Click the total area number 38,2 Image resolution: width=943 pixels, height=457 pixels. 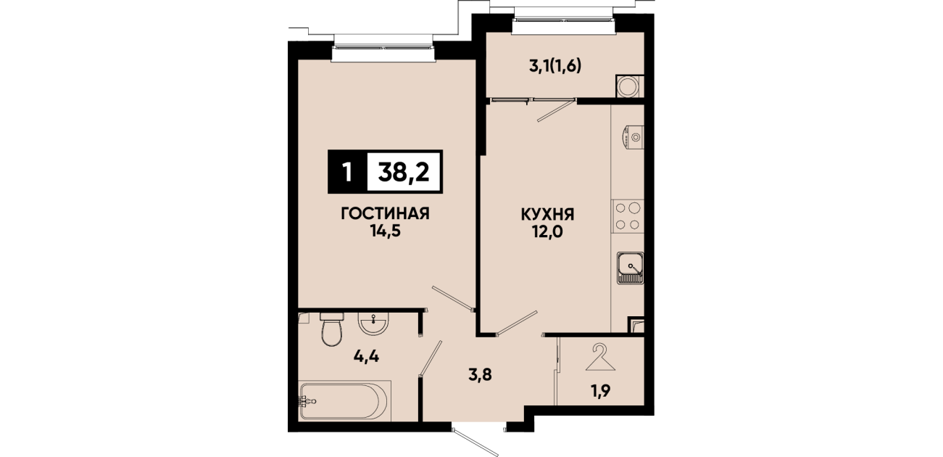click(404, 172)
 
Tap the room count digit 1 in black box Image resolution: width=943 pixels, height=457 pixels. click(347, 172)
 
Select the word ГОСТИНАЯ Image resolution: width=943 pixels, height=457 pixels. click(385, 213)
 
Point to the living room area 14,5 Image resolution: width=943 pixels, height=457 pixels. click(385, 231)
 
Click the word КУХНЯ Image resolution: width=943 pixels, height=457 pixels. click(547, 215)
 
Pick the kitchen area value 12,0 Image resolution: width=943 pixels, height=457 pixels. click(547, 231)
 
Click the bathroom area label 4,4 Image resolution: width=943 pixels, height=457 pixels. click(366, 357)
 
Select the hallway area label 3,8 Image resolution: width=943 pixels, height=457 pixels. click(481, 374)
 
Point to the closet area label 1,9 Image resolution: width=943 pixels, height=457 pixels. click(600, 391)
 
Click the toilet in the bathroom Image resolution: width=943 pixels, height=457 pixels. click(332, 329)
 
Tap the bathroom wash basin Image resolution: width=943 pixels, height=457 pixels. click(373, 324)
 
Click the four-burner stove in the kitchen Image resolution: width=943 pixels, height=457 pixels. click(628, 216)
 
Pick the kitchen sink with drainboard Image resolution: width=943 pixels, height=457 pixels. click(631, 268)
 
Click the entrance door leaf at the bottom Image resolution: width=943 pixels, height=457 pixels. click(475, 442)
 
